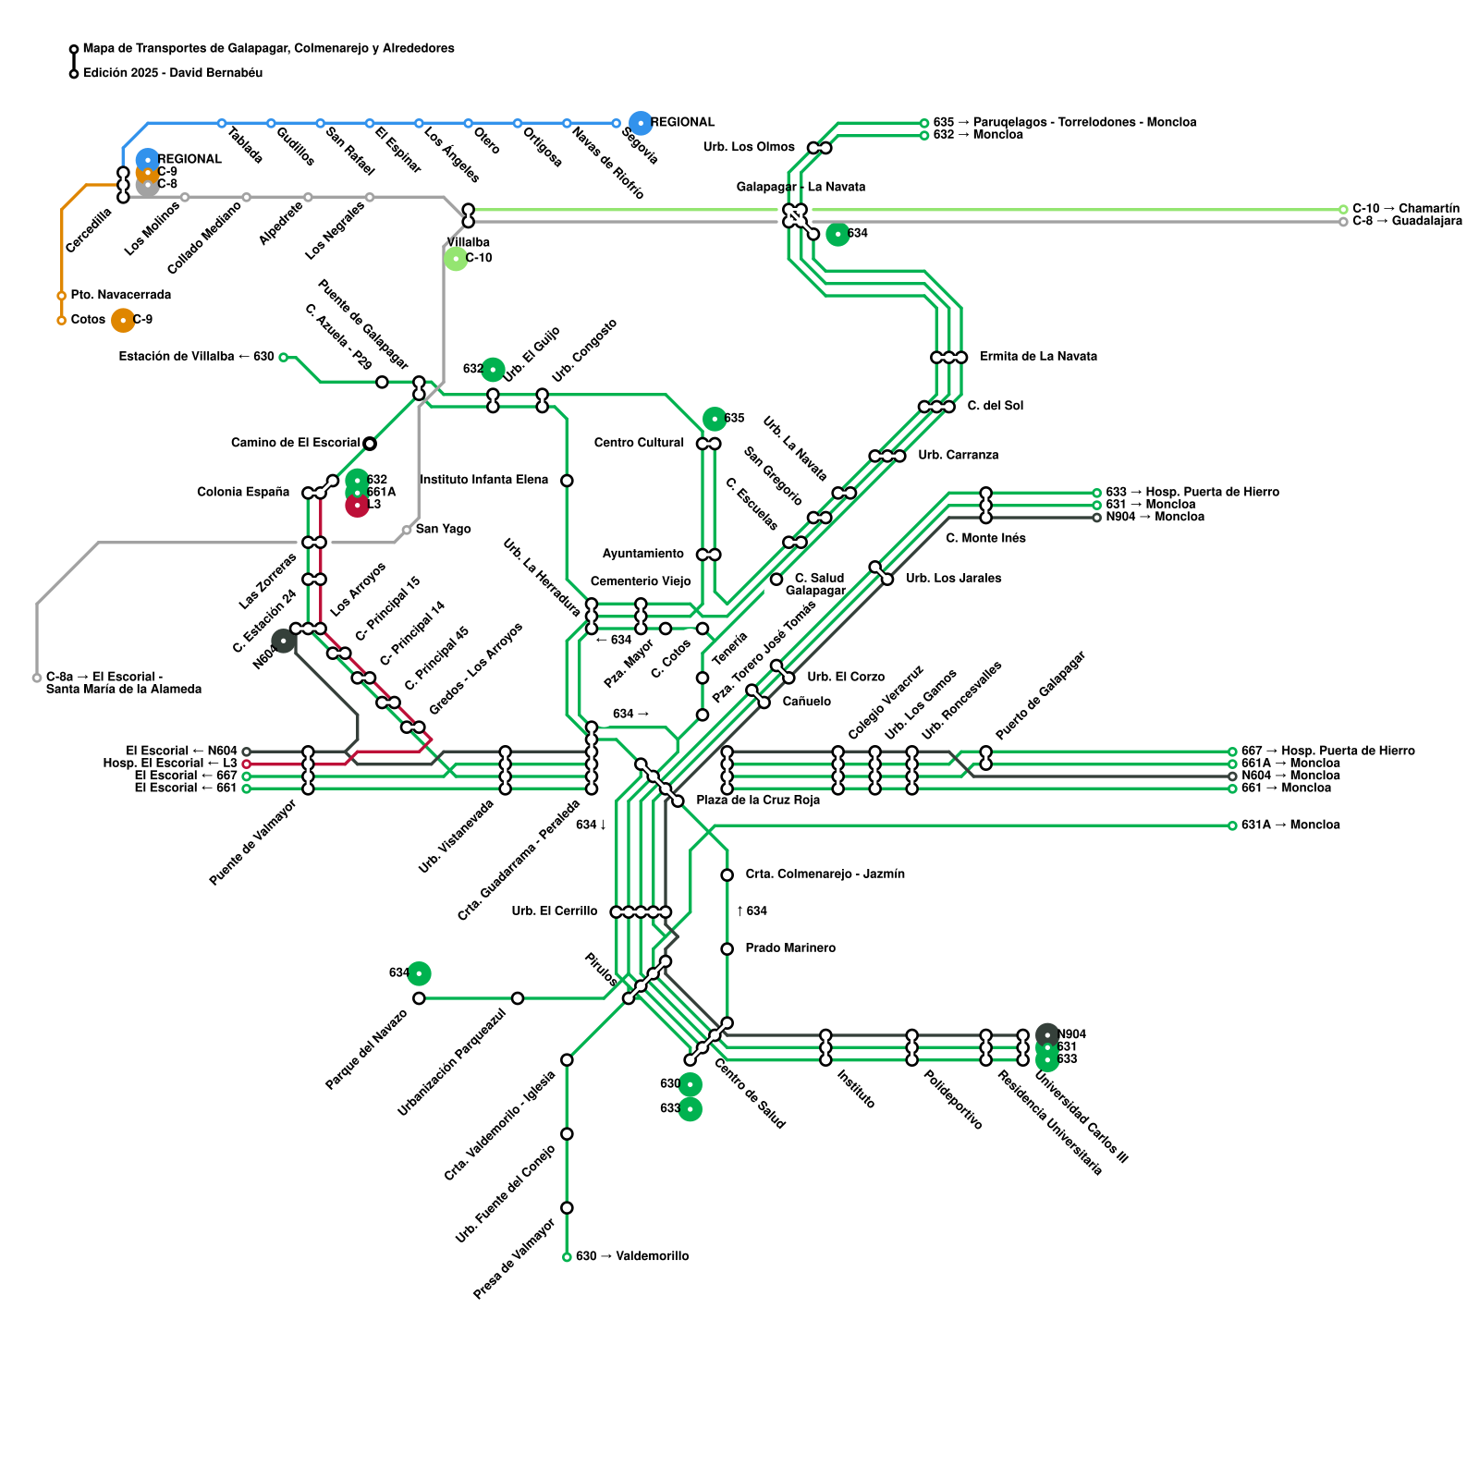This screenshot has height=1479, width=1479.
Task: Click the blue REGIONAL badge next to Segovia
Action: point(641,122)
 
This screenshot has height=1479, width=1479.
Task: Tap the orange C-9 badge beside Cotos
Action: point(123,320)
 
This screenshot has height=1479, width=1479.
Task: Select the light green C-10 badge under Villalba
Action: point(456,259)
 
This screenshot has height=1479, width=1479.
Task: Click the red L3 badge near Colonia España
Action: point(357,505)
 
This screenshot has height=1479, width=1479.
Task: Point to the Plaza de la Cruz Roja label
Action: point(758,800)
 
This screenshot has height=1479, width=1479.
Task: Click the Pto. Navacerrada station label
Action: point(120,295)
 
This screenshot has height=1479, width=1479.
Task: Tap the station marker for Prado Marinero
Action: point(727,948)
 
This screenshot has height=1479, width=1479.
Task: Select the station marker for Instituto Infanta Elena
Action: point(567,481)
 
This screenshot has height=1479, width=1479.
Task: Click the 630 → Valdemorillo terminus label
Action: point(632,1256)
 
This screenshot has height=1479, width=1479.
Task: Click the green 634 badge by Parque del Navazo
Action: point(419,973)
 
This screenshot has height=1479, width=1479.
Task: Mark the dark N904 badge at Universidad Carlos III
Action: point(1047,1034)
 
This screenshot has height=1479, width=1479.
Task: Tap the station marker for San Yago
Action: point(407,530)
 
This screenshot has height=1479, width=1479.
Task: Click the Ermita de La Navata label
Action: point(1038,357)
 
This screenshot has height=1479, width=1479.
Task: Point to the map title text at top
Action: point(268,48)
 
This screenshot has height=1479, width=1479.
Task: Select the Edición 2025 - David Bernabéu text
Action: point(173,73)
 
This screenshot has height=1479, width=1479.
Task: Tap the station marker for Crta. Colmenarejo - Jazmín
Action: point(727,874)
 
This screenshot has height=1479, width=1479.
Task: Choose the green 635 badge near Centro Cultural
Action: point(715,419)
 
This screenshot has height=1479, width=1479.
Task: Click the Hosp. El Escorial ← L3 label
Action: point(170,764)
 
